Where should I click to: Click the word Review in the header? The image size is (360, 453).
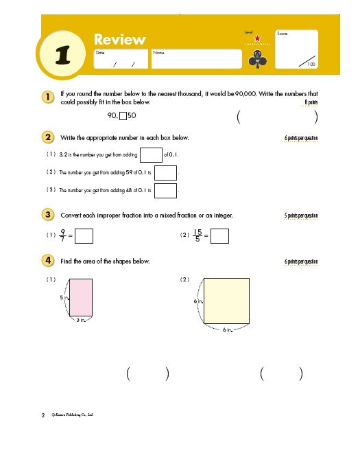pyautogui.click(x=119, y=39)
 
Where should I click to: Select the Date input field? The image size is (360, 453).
pyautogui.click(x=121, y=59)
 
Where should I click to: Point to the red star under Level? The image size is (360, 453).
pyautogui.click(x=257, y=38)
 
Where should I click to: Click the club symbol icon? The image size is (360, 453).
pyautogui.click(x=256, y=59)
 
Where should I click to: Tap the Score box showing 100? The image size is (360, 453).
pyautogui.click(x=298, y=49)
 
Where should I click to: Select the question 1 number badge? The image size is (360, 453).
pyautogui.click(x=48, y=98)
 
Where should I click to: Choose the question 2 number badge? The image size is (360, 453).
pyautogui.click(x=48, y=137)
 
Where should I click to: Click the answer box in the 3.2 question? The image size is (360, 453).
pyautogui.click(x=150, y=154)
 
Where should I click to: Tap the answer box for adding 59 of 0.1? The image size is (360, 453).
pyautogui.click(x=166, y=172)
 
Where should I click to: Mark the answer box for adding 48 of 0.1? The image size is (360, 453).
pyautogui.click(x=166, y=190)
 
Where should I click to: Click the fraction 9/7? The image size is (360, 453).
pyautogui.click(x=63, y=236)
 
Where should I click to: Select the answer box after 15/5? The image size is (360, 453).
pyautogui.click(x=219, y=236)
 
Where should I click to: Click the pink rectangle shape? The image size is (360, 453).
pyautogui.click(x=80, y=297)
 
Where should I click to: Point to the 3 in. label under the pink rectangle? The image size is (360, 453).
pyautogui.click(x=80, y=321)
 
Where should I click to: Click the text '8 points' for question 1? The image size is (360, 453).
pyautogui.click(x=311, y=103)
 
